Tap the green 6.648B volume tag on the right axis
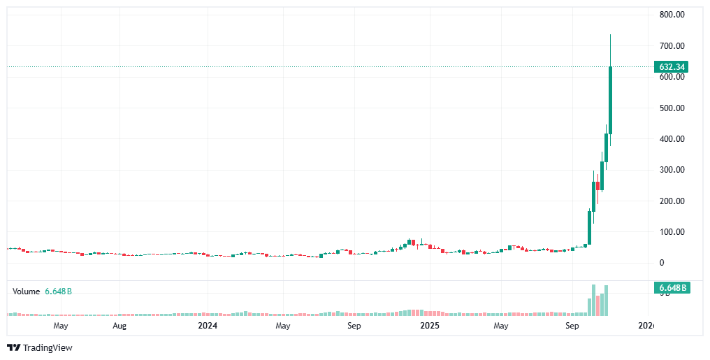tap(672, 288)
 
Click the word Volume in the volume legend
tap(26, 291)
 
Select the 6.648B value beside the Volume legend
tap(59, 291)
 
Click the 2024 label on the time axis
tap(208, 326)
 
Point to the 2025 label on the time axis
tap(429, 326)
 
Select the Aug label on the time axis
tap(119, 326)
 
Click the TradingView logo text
tap(48, 347)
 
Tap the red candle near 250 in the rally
tap(598, 186)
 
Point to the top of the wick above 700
tap(611, 35)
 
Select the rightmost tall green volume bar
tap(607, 301)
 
